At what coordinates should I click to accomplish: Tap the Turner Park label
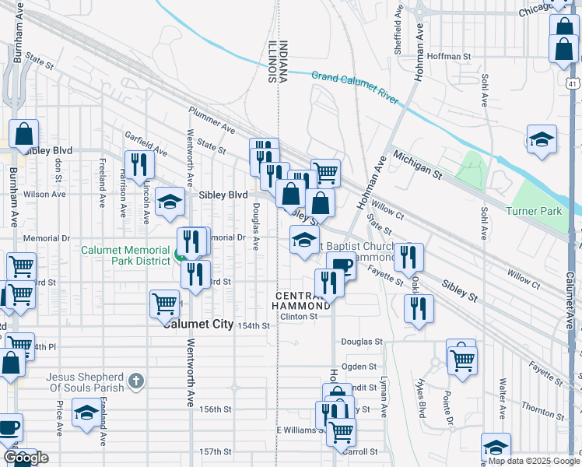533,211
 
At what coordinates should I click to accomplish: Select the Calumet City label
198,324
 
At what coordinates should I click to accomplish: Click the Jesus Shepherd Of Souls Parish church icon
136,381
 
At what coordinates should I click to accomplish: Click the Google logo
26,458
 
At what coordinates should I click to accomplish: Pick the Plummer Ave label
212,118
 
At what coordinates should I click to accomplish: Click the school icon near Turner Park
542,140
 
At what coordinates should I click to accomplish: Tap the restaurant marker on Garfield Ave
139,164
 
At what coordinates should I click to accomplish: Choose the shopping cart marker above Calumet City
164,304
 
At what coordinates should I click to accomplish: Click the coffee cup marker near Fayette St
340,265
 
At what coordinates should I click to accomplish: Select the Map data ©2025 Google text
534,461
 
